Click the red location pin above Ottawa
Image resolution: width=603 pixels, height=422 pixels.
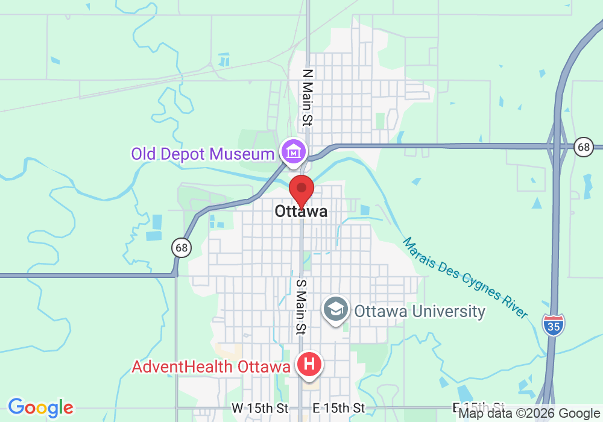pos(301,190)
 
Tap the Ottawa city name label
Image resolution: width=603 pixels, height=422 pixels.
pos(301,211)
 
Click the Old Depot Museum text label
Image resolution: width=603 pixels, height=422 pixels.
pos(203,154)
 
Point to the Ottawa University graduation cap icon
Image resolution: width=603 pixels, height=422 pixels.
pos(336,310)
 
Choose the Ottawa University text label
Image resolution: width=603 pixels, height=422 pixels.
pos(420,311)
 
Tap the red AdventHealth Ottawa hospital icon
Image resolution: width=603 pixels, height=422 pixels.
pos(309,365)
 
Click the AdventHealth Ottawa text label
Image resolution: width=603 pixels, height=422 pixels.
pos(211,367)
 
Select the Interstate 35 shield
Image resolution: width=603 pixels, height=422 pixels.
pos(553,325)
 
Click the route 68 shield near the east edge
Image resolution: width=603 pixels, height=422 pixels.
pos(583,146)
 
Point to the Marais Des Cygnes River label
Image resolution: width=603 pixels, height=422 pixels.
pos(465,278)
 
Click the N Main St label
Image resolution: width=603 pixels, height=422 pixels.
pos(308,97)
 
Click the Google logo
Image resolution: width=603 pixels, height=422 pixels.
pos(40,408)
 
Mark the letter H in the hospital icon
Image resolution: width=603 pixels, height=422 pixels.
pos(309,364)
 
